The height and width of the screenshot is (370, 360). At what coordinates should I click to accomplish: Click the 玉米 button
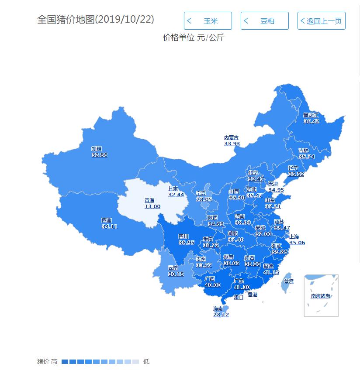[208, 21]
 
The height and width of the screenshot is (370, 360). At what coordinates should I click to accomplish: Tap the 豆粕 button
[265, 21]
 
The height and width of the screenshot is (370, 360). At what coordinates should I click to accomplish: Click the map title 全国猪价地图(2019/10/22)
[96, 20]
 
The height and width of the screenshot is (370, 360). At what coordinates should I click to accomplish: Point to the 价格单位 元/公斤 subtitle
[194, 38]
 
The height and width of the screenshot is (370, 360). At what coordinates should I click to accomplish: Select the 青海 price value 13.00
[152, 206]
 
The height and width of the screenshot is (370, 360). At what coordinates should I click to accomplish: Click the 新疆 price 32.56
[99, 155]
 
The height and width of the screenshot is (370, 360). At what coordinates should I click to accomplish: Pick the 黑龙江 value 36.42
[311, 121]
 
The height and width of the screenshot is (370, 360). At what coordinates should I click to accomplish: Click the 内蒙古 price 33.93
[232, 144]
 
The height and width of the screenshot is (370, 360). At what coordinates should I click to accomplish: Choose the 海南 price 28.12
[221, 315]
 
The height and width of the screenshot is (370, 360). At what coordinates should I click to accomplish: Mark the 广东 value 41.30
[242, 287]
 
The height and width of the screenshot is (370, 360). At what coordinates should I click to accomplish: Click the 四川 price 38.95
[187, 243]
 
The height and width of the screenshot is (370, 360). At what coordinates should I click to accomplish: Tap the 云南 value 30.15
[176, 274]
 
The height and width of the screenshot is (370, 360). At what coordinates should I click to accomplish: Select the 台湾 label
[289, 281]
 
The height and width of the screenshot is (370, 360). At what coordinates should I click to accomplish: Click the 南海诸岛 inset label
[321, 296]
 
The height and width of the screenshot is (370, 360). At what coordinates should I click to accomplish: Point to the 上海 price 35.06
[297, 243]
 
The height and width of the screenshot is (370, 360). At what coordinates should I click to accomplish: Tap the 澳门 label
[239, 297]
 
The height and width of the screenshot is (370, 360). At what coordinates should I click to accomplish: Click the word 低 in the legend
[146, 361]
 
